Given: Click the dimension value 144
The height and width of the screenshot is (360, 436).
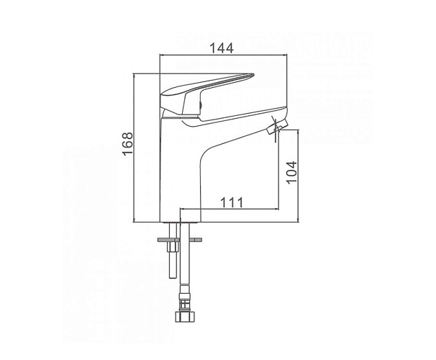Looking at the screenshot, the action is click(x=222, y=48).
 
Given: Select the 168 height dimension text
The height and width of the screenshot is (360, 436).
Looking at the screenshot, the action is click(x=128, y=144).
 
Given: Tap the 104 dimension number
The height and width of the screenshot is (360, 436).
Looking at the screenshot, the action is click(x=292, y=172).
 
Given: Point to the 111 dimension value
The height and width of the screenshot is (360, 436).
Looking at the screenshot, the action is click(x=232, y=202).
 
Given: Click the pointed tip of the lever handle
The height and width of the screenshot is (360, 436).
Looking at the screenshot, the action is click(x=253, y=75).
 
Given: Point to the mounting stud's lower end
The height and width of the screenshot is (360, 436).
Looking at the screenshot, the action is click(x=173, y=276).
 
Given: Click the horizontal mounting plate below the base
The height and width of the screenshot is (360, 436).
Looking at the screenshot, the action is click(x=180, y=240).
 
